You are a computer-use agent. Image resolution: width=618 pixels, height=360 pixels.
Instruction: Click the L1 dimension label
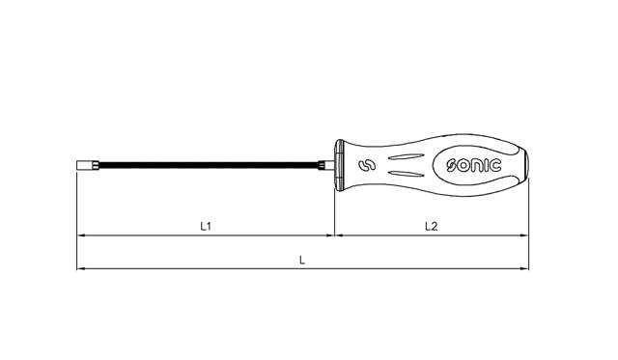point(205,226)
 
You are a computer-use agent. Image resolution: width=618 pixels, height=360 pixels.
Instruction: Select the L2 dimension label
point(432,226)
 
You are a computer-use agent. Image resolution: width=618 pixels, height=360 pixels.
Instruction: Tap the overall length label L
point(302,261)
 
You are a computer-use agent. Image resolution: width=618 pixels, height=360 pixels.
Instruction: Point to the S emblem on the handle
point(364,167)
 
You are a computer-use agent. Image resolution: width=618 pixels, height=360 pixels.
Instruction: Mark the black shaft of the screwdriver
point(203,165)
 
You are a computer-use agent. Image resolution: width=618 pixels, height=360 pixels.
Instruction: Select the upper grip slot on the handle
point(404,157)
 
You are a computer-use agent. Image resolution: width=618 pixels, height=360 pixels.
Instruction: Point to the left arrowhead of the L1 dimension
point(81,235)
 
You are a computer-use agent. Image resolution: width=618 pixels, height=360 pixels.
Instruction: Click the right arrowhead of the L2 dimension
point(525,235)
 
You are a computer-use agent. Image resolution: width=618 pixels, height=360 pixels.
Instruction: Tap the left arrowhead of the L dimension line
point(81,269)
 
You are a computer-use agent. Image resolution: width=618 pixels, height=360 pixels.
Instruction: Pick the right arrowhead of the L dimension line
point(525,269)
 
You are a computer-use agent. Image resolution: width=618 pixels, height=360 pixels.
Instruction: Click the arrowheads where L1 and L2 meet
point(334,235)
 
